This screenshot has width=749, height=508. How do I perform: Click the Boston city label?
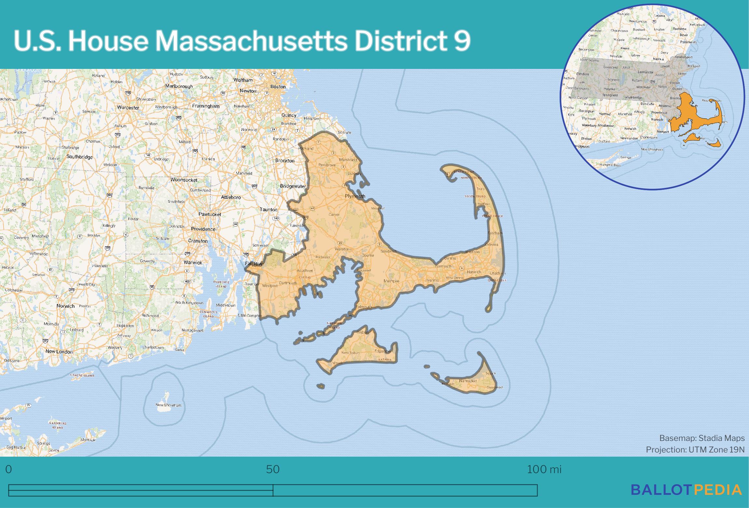(x=278, y=87)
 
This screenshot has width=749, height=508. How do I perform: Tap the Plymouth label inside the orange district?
(x=355, y=196)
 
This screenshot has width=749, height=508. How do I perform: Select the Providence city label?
(x=203, y=229)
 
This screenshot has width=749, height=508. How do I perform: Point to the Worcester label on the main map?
(x=128, y=108)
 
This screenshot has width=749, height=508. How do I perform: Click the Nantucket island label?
(x=468, y=381)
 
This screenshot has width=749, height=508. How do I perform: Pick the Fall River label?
(x=254, y=264)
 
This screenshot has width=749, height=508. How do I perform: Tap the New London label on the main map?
(x=59, y=351)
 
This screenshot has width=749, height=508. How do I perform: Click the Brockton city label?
(x=285, y=161)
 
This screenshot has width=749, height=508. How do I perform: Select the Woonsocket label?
(x=184, y=180)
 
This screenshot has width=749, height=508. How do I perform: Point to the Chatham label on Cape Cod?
(x=497, y=273)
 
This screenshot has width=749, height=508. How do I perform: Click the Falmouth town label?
(x=363, y=307)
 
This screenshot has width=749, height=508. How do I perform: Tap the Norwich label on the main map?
(x=66, y=306)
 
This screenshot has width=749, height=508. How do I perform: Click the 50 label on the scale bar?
(x=273, y=469)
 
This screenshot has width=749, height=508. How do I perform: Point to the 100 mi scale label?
(x=544, y=469)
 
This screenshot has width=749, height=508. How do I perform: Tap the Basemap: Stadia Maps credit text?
(x=702, y=438)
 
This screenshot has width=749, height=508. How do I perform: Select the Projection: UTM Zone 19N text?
(x=695, y=449)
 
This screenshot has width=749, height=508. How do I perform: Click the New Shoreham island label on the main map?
(x=168, y=405)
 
